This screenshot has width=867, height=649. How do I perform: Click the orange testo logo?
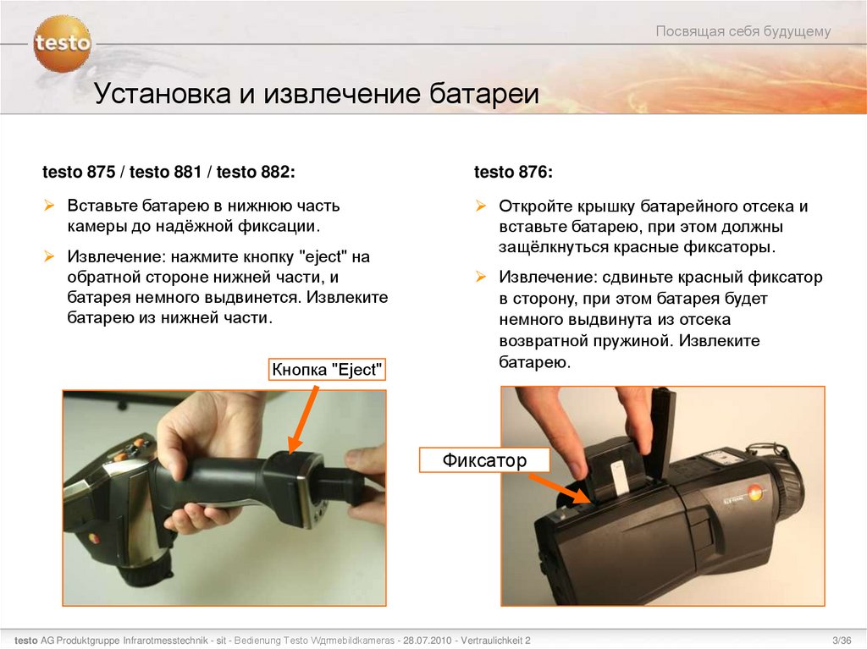coord(62,43)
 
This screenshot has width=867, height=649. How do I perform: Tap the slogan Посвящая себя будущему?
coord(743,32)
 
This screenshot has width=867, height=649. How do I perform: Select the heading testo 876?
coord(513,173)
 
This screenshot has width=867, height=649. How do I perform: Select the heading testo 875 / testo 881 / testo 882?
coord(169,173)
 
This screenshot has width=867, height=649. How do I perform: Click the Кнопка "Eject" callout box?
coord(327,370)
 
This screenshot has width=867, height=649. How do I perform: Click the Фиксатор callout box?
coord(484,460)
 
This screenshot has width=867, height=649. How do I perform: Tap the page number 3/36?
coord(842,640)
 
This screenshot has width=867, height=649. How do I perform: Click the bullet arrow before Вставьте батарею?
coord(50,206)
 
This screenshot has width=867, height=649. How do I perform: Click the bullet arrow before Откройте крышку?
coord(481,206)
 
